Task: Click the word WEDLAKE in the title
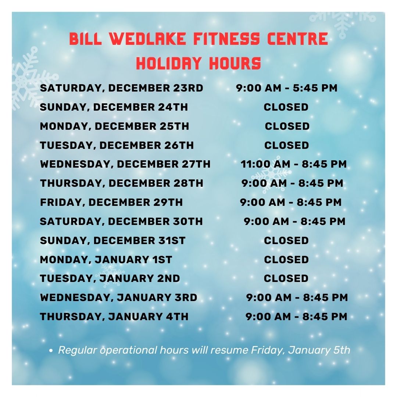pos(148,39)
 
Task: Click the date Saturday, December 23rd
pos(122,88)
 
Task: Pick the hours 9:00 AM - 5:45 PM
pos(287,88)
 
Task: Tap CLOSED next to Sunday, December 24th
pos(286,107)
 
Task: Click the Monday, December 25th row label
pos(114,126)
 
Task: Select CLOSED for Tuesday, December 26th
pos(287,145)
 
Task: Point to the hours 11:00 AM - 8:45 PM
pos(294,164)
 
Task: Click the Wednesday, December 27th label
pos(125,164)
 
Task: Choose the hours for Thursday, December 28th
pos(293,183)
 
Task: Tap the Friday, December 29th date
pos(111,203)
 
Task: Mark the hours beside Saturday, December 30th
pos(295,222)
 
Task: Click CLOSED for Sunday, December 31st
pos(286,240)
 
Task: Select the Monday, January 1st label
pos(106,260)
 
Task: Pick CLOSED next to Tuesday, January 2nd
pos(286,279)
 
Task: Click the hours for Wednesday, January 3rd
pos(297,297)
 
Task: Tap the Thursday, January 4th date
pos(114,317)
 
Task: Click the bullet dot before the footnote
pos(51,351)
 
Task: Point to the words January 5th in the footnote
pos(319,350)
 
